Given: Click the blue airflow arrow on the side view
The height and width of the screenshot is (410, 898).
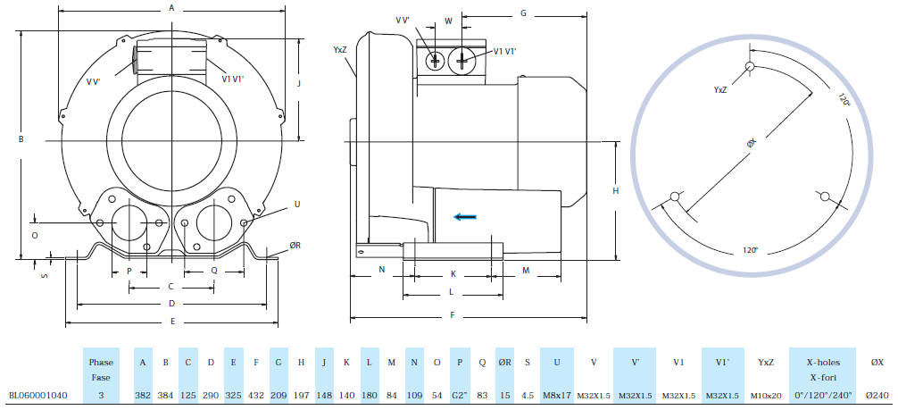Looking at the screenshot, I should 463,215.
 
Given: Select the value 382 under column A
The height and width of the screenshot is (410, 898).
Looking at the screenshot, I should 143,394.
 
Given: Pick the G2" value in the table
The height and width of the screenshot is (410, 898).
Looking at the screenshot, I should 460,394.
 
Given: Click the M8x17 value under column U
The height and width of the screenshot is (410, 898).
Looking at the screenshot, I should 557,394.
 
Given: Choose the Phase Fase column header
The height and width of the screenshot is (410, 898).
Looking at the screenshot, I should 101,369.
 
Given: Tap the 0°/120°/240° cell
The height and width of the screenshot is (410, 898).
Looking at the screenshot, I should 822,394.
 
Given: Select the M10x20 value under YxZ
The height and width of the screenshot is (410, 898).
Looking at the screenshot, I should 764,394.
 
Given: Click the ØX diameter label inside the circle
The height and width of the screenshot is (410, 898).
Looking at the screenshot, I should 752,143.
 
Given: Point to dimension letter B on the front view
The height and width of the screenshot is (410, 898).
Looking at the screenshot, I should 20,138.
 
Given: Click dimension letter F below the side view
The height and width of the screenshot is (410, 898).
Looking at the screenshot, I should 453,314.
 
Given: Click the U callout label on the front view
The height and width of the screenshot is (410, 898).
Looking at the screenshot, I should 296,205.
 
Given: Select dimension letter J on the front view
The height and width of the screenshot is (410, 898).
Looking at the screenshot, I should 299,83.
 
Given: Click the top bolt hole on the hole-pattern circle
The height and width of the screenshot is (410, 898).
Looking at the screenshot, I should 750,67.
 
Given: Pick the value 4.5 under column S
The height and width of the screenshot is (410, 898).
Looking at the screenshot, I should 528,394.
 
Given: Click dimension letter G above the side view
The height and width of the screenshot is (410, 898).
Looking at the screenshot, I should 523,13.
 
